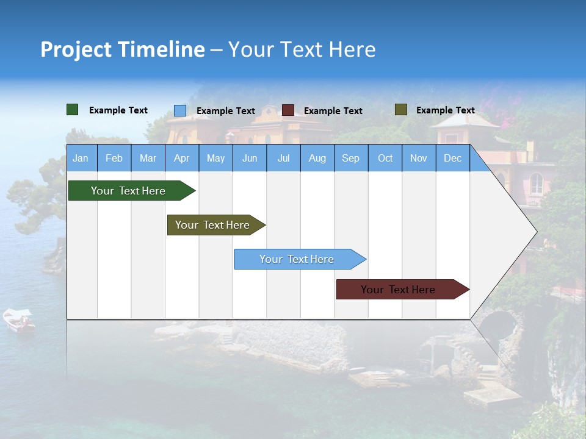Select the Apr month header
182,158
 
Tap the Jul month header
284,158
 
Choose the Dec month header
452,158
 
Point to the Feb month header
114,158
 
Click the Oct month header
385,158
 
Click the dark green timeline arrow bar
132,190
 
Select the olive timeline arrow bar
217,225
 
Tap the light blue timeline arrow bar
300,259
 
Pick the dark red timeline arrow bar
403,289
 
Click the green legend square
72,110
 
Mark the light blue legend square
180,110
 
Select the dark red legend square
288,110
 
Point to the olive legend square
401,109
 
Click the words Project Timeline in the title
123,49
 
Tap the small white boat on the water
19,320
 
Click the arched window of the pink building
537,184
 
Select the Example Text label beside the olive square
446,110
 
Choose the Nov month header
419,158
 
